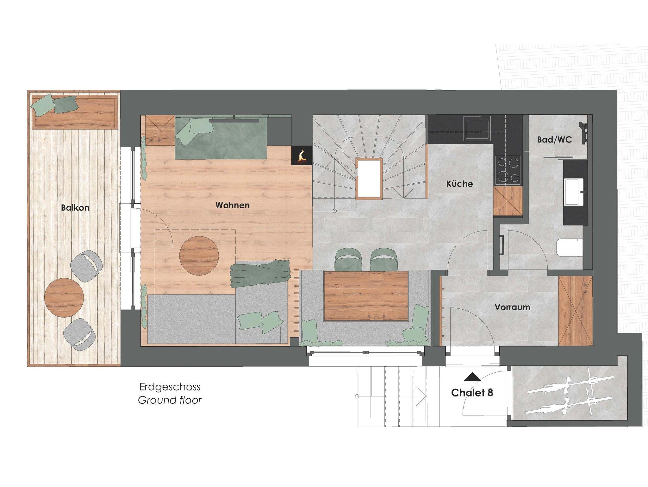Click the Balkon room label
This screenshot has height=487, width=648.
75,208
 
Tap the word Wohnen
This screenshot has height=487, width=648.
233,205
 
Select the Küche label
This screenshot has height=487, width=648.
459,184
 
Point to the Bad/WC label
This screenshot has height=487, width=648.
554,140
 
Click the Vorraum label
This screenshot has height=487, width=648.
513,307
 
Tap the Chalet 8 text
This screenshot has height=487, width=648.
472,393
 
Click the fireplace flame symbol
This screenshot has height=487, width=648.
302,155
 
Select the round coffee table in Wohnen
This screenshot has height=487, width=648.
199,256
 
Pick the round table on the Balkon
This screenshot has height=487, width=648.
64,298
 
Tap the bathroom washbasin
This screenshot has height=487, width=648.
574,192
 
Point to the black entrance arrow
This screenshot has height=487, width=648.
472,376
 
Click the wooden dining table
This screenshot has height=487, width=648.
366,296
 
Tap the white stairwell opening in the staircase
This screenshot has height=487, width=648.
369,179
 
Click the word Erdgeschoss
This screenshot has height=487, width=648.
170,387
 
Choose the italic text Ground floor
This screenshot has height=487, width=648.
170,400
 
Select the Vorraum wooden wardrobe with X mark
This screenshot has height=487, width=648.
575,311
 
